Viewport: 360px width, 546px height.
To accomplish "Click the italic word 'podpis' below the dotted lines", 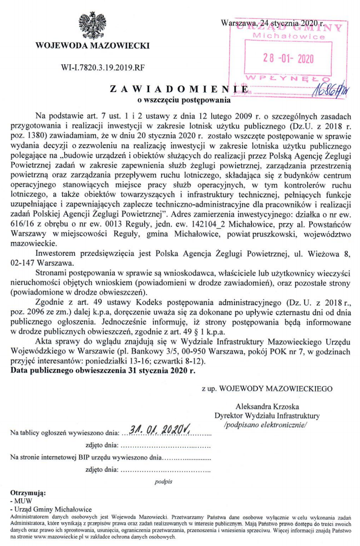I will click(164, 482).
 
